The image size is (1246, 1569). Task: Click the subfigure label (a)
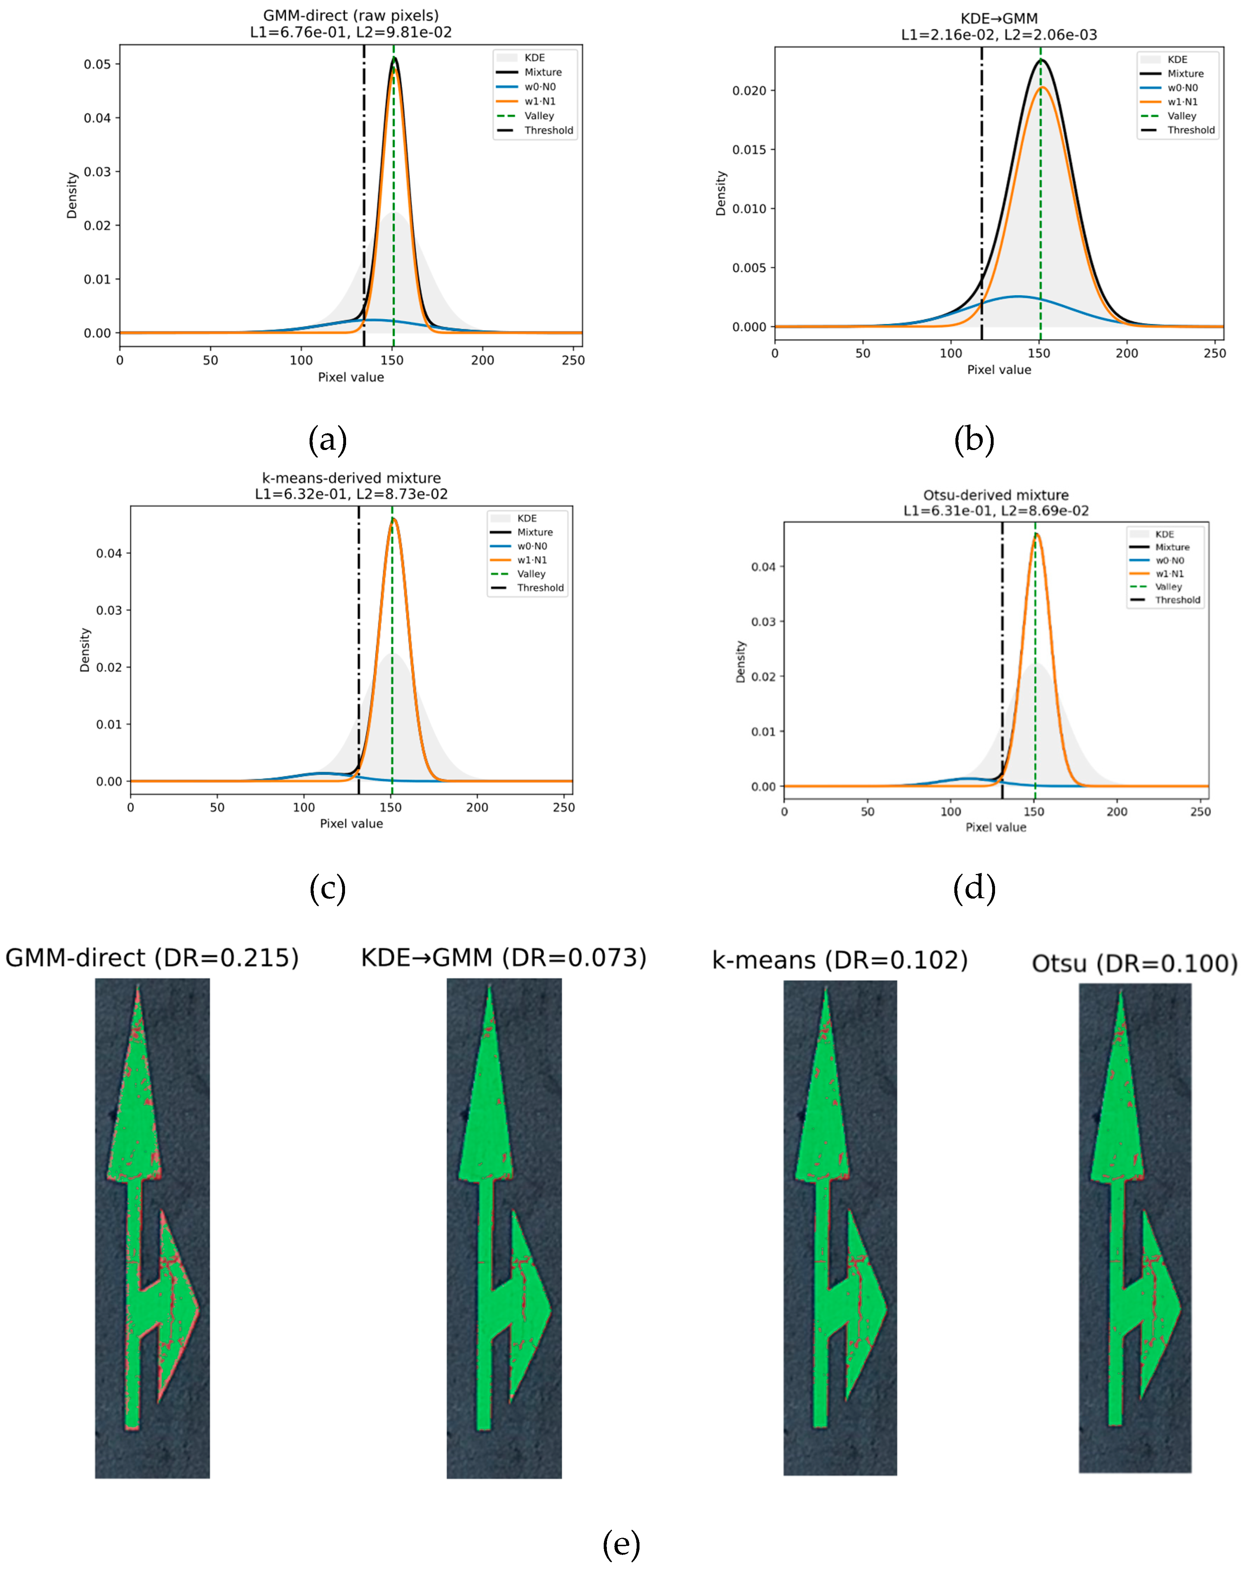(x=327, y=440)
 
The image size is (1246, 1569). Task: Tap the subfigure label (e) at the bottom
(x=622, y=1544)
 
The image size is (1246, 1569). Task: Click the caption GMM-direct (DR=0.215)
(x=152, y=958)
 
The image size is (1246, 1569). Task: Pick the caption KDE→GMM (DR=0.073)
(x=504, y=958)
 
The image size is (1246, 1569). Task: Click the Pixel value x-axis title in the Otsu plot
(x=996, y=827)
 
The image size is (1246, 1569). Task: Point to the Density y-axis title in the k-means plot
(x=85, y=650)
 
